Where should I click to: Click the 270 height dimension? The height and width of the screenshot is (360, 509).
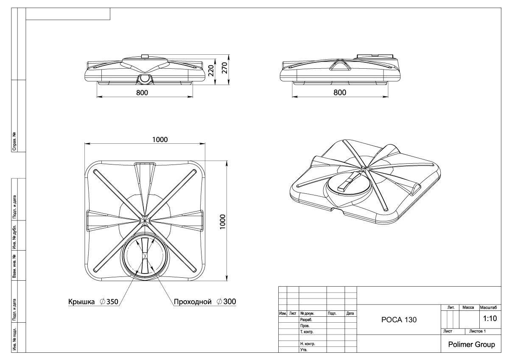[225, 67]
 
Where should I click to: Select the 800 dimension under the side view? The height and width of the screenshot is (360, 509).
[339, 93]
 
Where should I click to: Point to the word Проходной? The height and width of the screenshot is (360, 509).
[192, 302]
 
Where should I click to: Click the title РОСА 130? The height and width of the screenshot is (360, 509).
[399, 320]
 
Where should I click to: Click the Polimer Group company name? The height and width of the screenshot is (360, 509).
[471, 345]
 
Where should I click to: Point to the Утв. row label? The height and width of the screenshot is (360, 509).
[304, 350]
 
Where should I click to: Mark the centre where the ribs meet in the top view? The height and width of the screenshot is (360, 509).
[145, 219]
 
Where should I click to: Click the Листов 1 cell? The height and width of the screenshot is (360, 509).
[477, 331]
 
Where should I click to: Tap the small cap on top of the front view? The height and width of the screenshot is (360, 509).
[144, 56]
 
